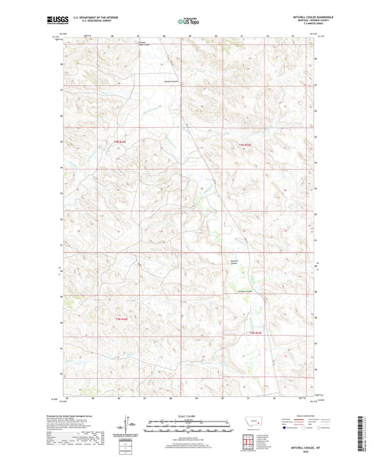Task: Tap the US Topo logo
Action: tap(189, 21)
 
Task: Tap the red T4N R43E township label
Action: tap(245, 145)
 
